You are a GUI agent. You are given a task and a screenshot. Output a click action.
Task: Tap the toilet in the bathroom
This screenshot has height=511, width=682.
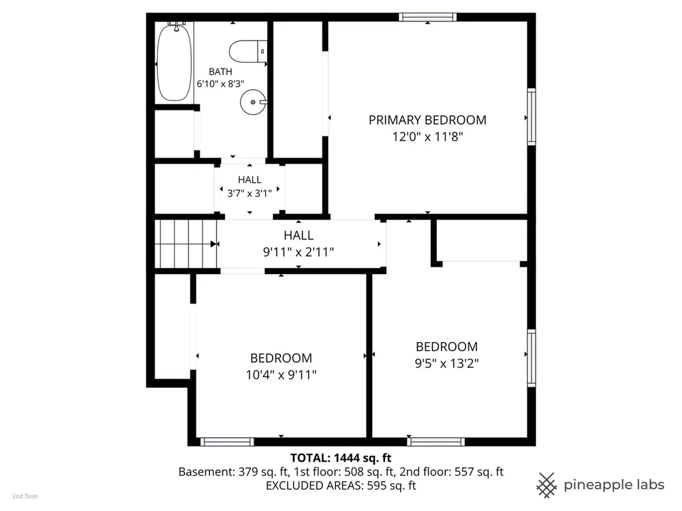tap(248, 51)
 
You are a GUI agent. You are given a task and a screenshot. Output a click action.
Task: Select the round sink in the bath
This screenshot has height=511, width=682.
tap(253, 102)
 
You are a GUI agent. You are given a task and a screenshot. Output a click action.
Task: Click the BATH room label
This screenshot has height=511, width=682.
tap(220, 72)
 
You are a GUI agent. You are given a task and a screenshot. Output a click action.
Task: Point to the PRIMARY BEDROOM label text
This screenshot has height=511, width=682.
tap(428, 120)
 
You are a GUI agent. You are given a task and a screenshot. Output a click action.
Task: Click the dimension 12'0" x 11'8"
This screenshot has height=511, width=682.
tap(428, 137)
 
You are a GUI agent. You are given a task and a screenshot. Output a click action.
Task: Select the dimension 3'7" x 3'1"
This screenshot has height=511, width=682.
tap(250, 194)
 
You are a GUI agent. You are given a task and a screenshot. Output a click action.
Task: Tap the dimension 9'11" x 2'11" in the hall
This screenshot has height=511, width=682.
tap(298, 252)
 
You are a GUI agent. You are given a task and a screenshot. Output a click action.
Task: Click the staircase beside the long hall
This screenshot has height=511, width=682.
tap(186, 244)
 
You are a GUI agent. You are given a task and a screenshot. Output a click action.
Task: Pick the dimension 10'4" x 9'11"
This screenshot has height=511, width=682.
tap(281, 375)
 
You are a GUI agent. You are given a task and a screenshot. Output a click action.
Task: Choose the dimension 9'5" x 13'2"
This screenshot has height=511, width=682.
tap(447, 363)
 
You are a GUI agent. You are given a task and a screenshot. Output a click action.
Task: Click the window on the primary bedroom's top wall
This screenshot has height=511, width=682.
tap(428, 17)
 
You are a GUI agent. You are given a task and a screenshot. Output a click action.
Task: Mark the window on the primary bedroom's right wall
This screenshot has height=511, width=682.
tap(531, 117)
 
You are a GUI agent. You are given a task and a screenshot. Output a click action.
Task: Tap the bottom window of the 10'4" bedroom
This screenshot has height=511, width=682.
tap(227, 442)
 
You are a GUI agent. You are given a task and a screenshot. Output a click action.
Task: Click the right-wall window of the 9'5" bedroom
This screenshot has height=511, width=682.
tap(531, 358)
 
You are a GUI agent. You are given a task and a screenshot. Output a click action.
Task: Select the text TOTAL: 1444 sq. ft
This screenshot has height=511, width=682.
tap(341, 458)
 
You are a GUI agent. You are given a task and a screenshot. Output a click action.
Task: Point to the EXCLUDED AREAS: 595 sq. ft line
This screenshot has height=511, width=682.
tap(341, 486)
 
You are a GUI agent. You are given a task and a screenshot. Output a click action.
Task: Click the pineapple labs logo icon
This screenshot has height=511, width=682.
tap(547, 485)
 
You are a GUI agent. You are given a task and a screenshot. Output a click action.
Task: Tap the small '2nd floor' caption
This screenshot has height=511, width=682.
tap(25, 496)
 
